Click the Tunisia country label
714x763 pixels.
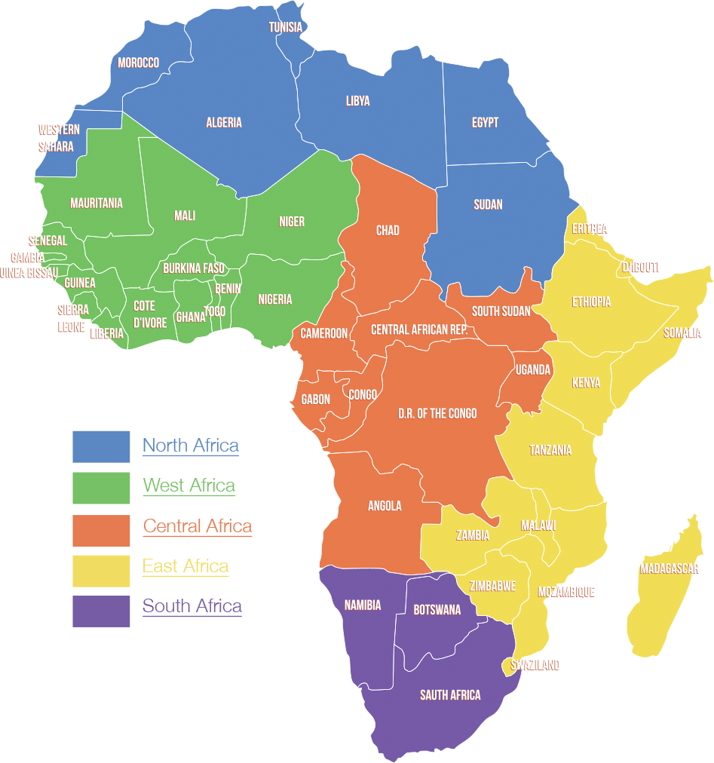point(286,28)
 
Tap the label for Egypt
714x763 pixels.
point(485,122)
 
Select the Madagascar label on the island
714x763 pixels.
point(670,568)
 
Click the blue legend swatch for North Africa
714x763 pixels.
point(101,446)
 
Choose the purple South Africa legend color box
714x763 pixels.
point(101,611)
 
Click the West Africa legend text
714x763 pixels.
point(189,486)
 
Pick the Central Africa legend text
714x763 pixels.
point(198,526)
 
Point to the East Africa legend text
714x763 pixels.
point(185,566)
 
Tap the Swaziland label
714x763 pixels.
point(535,664)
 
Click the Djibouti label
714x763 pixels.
point(640,267)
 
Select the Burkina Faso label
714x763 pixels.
point(194,268)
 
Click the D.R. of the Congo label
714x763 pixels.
point(437,413)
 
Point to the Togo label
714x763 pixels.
point(214,311)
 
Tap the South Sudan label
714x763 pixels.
point(501,311)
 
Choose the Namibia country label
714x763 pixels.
point(363,605)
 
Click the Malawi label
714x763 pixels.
point(538,525)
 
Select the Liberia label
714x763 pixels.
point(107,332)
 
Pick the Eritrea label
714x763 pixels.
point(590,228)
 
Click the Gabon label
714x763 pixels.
point(315,400)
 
